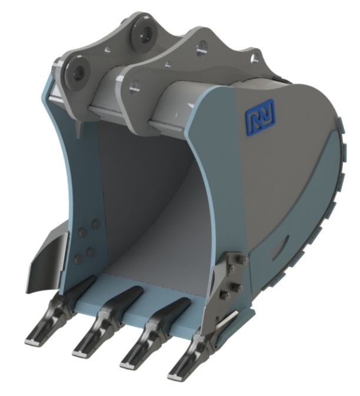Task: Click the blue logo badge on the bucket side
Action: pos(260,116)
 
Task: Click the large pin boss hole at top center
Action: pos(145,33)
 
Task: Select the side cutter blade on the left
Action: pos(48,260)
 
